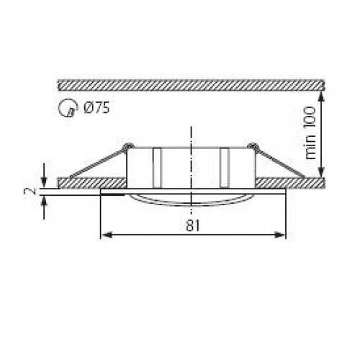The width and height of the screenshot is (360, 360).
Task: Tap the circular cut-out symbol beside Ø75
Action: pyautogui.click(x=66, y=109)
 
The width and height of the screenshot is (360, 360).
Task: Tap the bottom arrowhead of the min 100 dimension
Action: pyautogui.click(x=322, y=173)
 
